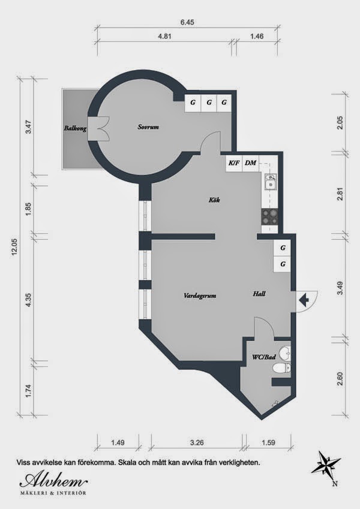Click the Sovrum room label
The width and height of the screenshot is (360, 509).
pyautogui.click(x=148, y=127)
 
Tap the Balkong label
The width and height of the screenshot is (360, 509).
pyautogui.click(x=75, y=128)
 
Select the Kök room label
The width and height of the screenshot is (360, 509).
pyautogui.click(x=214, y=200)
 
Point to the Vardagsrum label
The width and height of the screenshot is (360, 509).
pyautogui.click(x=200, y=296)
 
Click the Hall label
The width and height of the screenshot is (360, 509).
pyautogui.click(x=259, y=294)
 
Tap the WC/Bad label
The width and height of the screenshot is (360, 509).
pyautogui.click(x=264, y=357)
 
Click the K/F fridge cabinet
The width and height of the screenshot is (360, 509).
pyautogui.click(x=234, y=163)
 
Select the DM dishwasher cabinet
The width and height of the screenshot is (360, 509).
pyautogui.click(x=251, y=163)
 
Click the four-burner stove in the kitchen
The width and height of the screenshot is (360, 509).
pyautogui.click(x=270, y=217)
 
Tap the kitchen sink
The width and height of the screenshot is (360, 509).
pyautogui.click(x=271, y=182)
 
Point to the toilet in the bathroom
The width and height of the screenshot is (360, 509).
pyautogui.click(x=281, y=368)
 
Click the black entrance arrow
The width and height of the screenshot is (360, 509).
pyautogui.click(x=304, y=300)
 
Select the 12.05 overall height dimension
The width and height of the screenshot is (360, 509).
pyautogui.click(x=14, y=247)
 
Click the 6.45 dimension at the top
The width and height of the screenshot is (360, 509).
pyautogui.click(x=187, y=22)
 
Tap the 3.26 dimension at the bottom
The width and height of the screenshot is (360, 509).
pyautogui.click(x=197, y=442)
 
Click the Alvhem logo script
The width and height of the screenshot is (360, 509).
pyautogui.click(x=53, y=480)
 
